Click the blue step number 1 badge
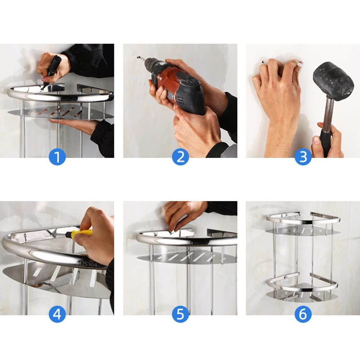tap(57, 157)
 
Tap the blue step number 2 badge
tap(180, 157)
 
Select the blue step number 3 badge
tap(303, 157)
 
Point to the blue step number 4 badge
tap(57, 314)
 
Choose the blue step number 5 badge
tap(180, 314)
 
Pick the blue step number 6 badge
tap(303, 314)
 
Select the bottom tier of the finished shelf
tap(302, 288)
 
